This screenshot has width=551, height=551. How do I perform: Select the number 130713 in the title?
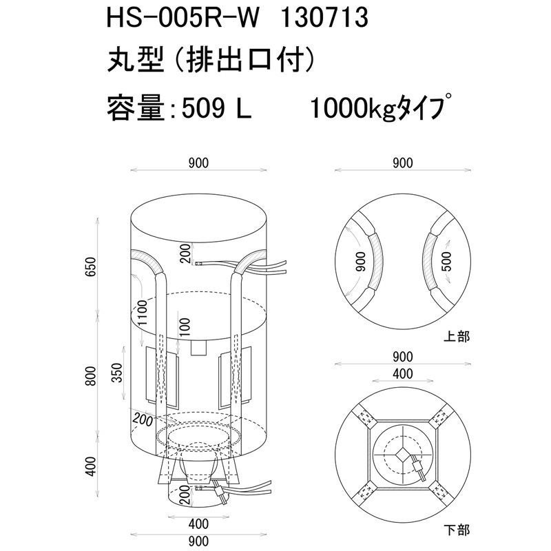pos(324,18)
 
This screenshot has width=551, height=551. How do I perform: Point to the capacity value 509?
pos(203,108)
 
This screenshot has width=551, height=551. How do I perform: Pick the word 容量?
pos(136,107)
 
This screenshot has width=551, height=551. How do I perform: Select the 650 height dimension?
pos(91,267)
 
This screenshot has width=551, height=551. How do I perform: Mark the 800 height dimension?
pos(91,375)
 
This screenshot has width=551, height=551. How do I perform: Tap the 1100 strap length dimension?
pos(143,313)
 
